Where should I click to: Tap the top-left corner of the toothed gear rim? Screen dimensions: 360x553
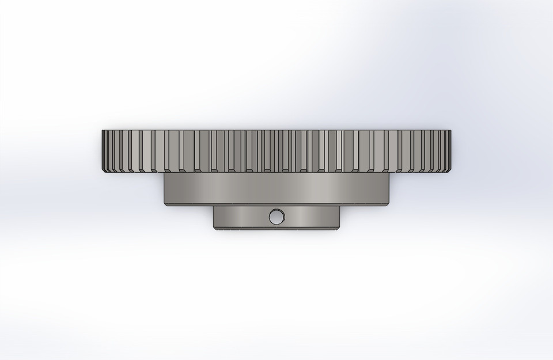click(x=102, y=130)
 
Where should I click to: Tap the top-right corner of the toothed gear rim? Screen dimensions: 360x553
click(x=451, y=130)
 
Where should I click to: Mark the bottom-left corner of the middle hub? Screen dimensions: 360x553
click(x=165, y=205)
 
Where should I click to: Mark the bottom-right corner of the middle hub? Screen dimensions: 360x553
click(x=389, y=205)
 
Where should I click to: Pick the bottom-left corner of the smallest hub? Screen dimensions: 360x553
click(x=214, y=229)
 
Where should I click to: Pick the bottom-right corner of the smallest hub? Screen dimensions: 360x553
click(x=339, y=229)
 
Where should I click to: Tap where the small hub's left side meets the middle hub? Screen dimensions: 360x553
click(x=214, y=207)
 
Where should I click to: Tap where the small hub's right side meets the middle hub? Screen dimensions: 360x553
click(x=340, y=207)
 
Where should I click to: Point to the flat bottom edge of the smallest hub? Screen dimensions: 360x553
click(x=276, y=230)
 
